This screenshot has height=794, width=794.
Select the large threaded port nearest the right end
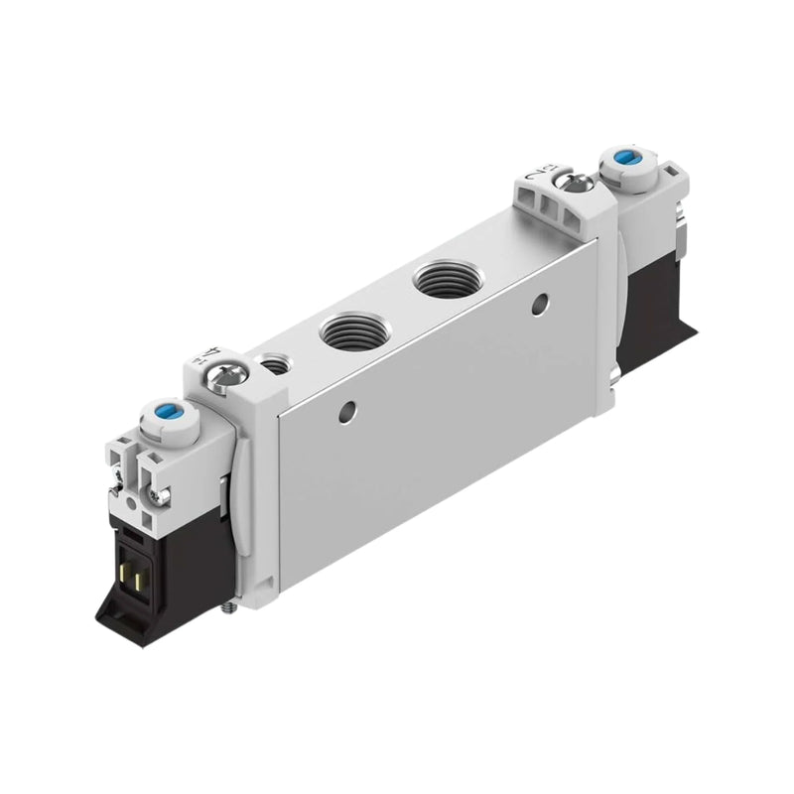click(439, 278)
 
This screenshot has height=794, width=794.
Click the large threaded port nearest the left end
click(347, 328)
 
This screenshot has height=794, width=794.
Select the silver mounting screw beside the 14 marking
click(229, 372)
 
